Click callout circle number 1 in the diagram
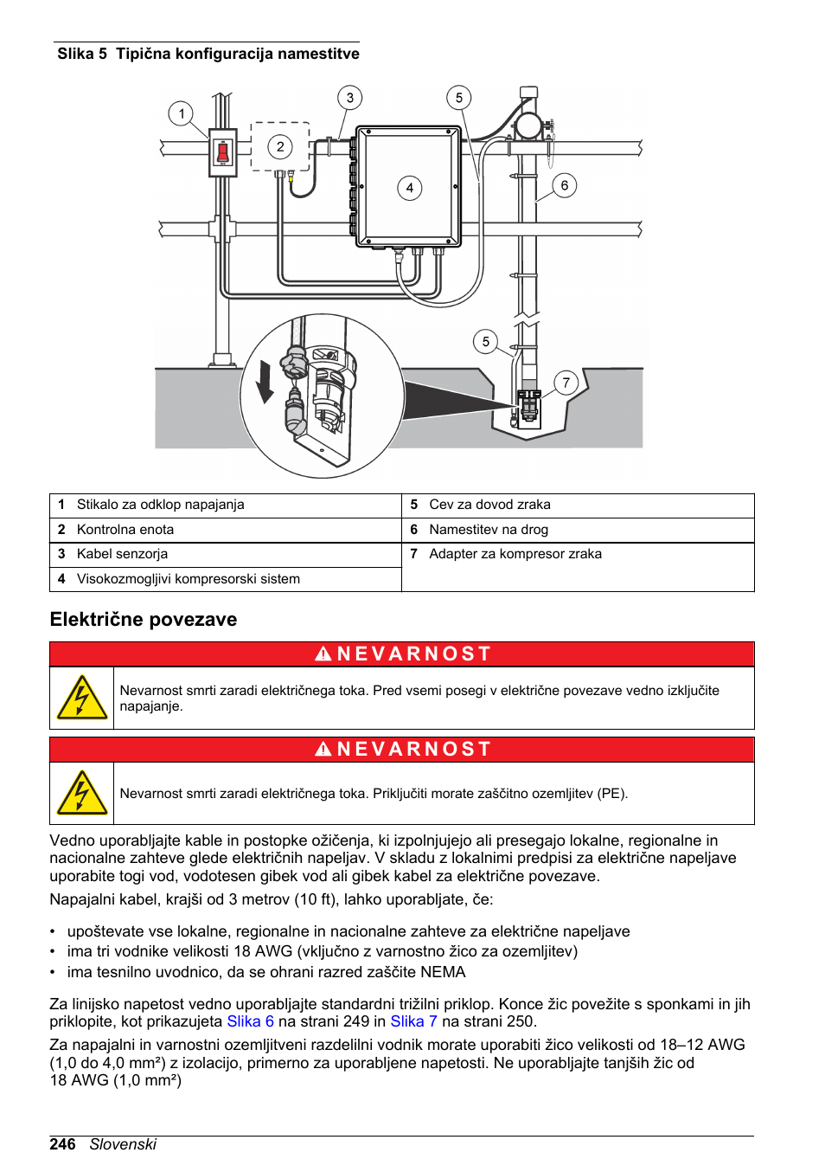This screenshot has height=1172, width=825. pos(181,113)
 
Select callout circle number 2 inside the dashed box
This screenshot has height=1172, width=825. pos(279,146)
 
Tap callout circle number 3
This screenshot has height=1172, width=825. pos(349,98)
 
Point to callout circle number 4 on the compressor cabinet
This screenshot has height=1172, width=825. pos(409,188)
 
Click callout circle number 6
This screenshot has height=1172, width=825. pos(564,185)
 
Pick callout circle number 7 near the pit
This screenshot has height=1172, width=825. pos(566,383)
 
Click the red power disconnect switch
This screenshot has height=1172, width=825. pos(222,153)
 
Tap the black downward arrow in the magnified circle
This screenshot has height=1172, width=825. pos(265,382)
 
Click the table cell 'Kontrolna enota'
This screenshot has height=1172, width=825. pos(125,530)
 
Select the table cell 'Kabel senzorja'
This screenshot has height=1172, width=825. pos(122,554)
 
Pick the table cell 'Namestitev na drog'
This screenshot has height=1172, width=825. pos(488,530)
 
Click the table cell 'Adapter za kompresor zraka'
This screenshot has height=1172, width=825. pos(515,554)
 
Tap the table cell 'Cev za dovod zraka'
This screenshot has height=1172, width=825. pos(489,505)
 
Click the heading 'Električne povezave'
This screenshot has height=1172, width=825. pos(144,620)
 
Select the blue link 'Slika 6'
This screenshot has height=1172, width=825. pos(250,1021)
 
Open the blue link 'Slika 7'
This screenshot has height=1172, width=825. pos(413,1021)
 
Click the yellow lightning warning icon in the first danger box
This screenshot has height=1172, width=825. pos(81,699)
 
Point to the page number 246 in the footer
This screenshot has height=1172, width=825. pos(62,1144)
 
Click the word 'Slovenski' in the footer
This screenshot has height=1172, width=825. pos(123,1144)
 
